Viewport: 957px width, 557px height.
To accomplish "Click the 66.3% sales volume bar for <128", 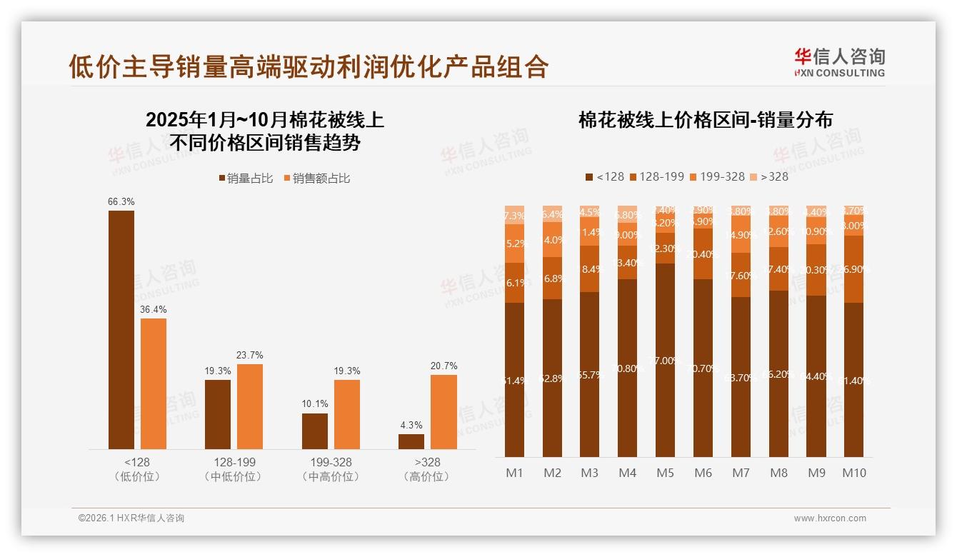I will [x=121, y=329].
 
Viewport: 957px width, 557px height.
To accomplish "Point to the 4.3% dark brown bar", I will [x=411, y=441].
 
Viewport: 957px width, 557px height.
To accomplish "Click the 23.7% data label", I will [x=250, y=356].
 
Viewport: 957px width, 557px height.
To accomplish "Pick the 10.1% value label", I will [x=314, y=404].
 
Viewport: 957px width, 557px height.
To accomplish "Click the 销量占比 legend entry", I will [x=246, y=179].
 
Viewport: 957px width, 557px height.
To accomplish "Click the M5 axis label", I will [x=665, y=473].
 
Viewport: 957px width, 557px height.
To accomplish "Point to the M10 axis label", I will [x=853, y=473].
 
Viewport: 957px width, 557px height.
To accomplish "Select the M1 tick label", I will [x=515, y=473].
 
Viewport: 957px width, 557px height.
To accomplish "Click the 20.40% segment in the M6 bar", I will [x=703, y=254].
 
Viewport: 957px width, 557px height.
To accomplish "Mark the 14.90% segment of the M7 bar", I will [x=741, y=235].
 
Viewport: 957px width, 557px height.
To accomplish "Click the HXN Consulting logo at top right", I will [x=839, y=62].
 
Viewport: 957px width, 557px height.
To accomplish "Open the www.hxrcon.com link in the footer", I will [x=829, y=518].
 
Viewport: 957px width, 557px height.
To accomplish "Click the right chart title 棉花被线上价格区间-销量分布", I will [x=705, y=120].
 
